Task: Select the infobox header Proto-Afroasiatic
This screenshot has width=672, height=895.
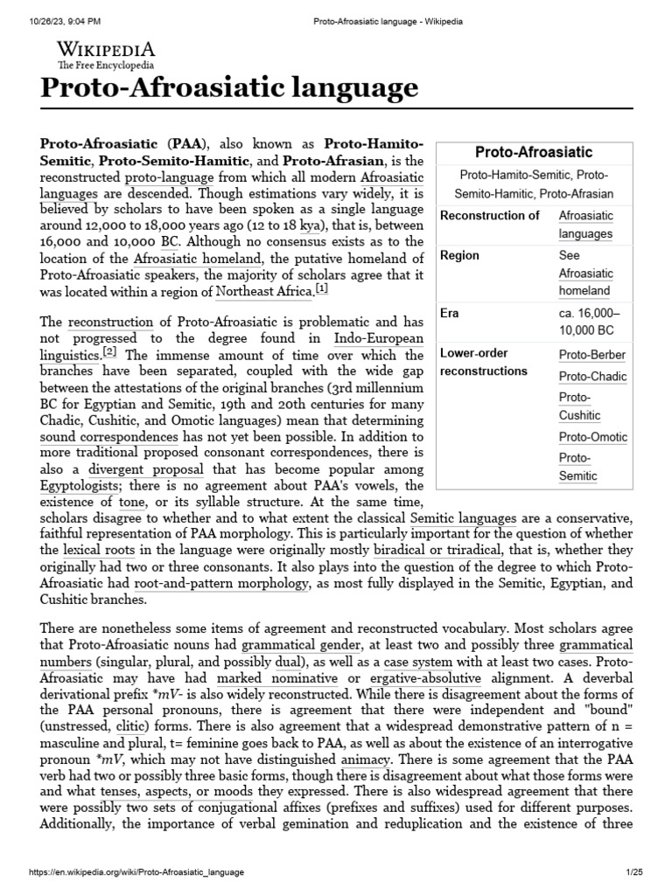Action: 533,151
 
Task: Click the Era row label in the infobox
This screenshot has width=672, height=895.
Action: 449,312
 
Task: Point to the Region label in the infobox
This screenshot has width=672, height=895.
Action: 459,255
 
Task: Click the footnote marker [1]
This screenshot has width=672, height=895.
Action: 322,288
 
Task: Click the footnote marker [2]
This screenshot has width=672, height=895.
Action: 109,351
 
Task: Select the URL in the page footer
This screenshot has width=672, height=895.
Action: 136,873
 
